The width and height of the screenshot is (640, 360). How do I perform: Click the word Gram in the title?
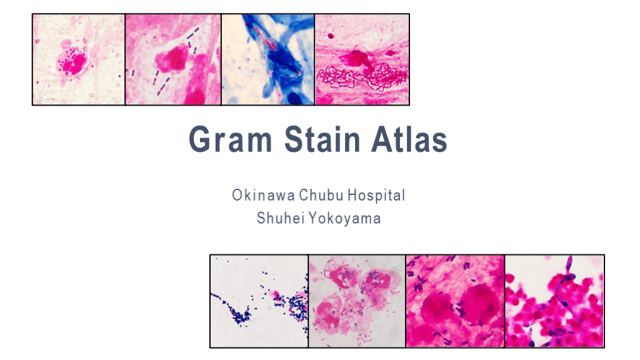click(x=230, y=140)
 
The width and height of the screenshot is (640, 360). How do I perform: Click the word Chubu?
click(x=320, y=196)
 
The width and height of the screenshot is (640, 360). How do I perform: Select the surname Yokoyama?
click(x=346, y=219)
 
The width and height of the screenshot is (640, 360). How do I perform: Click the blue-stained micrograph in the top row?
click(x=268, y=59)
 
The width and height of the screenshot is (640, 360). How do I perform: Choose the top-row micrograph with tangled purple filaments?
click(x=362, y=59)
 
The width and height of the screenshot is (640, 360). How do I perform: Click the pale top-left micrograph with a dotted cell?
click(x=79, y=59)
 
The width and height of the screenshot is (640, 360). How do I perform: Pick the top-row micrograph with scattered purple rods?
click(x=173, y=59)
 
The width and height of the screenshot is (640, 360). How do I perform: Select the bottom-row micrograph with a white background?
click(x=259, y=301)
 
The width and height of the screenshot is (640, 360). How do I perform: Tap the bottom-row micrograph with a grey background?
click(x=357, y=301)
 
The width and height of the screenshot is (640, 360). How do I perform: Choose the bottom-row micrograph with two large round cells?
click(x=455, y=301)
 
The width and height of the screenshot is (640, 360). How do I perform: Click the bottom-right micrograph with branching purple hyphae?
click(x=554, y=301)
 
